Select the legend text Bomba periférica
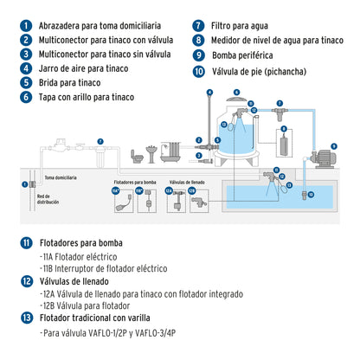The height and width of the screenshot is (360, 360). click(238, 55)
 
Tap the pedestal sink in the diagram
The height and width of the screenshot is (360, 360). click(151, 153)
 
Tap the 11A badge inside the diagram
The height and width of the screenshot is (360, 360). click(115, 192)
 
